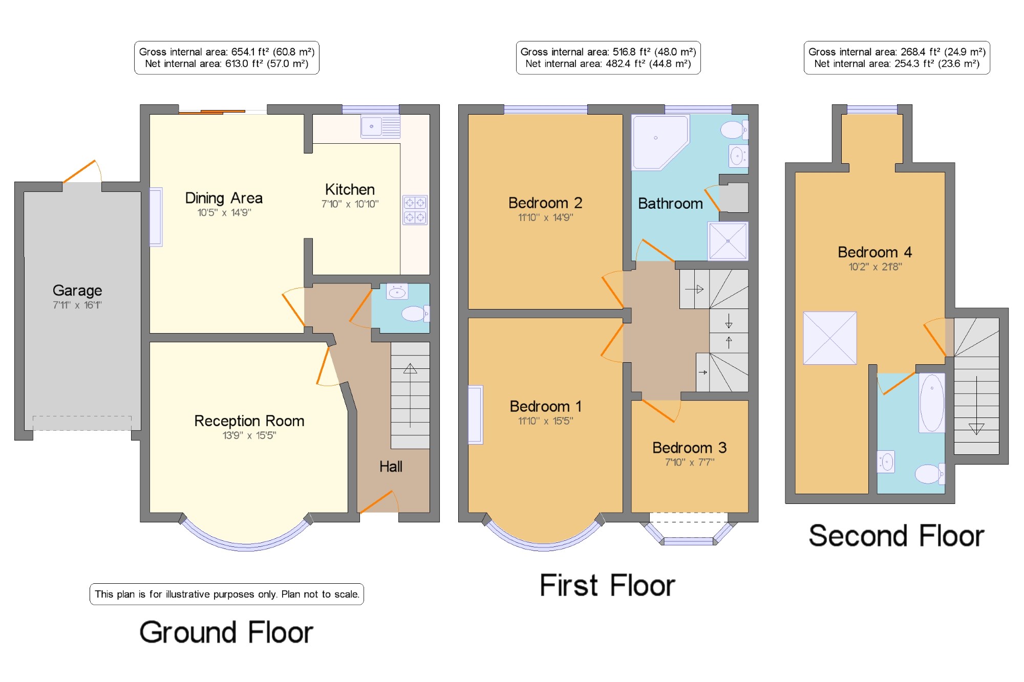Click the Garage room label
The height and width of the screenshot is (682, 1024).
click(77, 291)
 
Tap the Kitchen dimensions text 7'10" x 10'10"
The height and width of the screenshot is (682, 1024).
click(350, 204)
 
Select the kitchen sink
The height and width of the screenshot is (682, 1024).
click(380, 126)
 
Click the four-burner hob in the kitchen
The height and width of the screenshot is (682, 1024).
click(415, 210)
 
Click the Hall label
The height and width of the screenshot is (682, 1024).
click(391, 467)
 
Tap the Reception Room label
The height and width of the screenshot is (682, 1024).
click(249, 421)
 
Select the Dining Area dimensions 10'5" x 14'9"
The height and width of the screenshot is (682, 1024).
click(224, 212)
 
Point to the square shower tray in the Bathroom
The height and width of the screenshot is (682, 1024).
click(728, 241)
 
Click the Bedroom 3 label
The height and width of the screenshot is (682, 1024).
click(690, 448)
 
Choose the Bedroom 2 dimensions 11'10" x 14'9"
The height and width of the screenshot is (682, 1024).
click(545, 217)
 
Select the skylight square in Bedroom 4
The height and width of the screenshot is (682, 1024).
click(830, 338)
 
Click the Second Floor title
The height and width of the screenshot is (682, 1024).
click(896, 536)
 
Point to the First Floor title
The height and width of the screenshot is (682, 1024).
click(607, 586)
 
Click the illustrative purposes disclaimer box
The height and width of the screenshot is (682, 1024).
click(227, 594)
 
